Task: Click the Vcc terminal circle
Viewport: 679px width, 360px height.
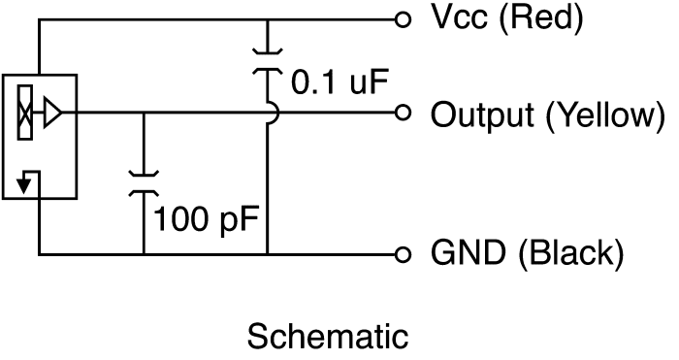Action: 403,19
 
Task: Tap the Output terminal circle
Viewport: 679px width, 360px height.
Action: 403,114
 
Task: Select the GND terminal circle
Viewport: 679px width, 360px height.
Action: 403,254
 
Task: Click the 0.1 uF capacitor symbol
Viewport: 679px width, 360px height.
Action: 268,62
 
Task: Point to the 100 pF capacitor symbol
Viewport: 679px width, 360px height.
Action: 144,184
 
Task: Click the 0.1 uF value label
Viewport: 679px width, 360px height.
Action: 339,82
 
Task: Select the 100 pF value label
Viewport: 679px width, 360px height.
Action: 206,219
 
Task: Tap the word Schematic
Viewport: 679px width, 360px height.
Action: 328,336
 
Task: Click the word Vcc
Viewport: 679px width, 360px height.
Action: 460,17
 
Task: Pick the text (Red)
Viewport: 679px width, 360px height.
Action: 541,18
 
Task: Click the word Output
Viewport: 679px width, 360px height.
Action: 481,115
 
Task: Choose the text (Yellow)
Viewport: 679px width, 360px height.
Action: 605,115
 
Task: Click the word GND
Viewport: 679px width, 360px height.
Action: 469,252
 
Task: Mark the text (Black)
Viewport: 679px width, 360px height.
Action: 570,253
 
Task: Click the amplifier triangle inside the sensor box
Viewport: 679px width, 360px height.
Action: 52,114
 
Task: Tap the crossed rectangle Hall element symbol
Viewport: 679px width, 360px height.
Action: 24,114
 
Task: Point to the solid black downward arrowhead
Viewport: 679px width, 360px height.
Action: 24,186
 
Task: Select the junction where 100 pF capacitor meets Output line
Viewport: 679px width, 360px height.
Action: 144,114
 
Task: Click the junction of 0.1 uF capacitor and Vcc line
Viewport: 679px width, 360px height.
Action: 268,19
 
